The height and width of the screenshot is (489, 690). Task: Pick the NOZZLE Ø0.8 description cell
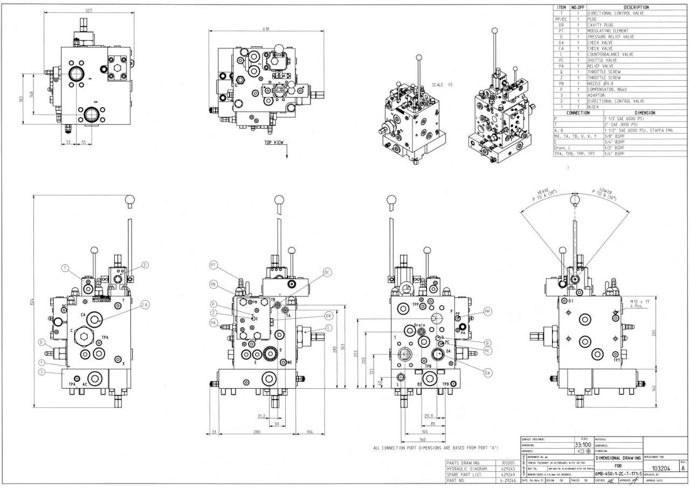tap(602, 83)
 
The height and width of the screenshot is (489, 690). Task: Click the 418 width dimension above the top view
tap(266, 29)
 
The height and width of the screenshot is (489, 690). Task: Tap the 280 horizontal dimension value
tap(257, 432)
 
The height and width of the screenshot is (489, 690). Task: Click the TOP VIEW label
tap(275, 143)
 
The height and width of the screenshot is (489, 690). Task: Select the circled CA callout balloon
tap(144, 305)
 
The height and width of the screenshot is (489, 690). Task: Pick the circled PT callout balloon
tap(213, 265)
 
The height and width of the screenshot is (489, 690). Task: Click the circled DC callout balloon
tap(327, 273)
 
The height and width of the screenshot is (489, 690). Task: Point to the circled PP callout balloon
tap(487, 311)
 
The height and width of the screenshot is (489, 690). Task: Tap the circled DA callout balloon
tap(487, 372)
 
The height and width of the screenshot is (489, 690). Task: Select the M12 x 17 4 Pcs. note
tap(640, 304)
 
